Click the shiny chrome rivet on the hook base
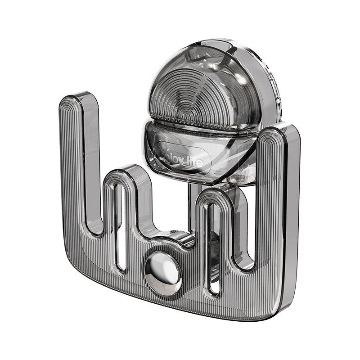click(162, 271)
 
